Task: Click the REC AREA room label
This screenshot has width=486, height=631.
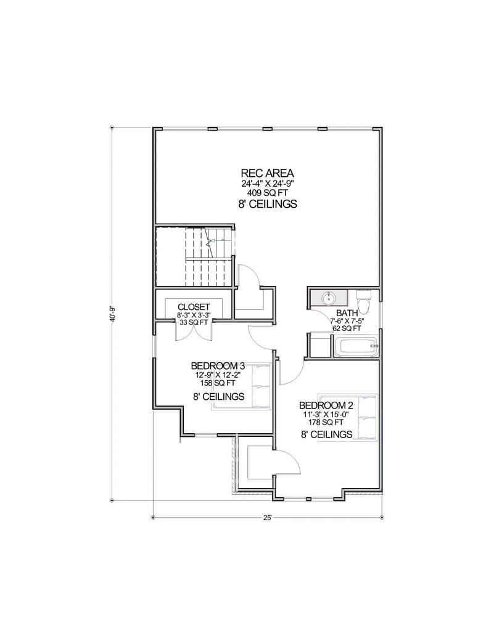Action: [x=267, y=173]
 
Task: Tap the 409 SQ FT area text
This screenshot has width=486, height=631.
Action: [x=267, y=193]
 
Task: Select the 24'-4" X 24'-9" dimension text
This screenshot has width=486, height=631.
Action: [x=267, y=184]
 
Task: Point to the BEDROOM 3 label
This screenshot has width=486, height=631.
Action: [x=213, y=365]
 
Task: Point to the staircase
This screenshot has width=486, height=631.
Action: [x=193, y=256]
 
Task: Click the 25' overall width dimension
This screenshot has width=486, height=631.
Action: [x=266, y=518]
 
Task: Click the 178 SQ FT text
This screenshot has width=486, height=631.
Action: [x=326, y=423]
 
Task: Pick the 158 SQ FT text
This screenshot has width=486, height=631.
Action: [x=213, y=383]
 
